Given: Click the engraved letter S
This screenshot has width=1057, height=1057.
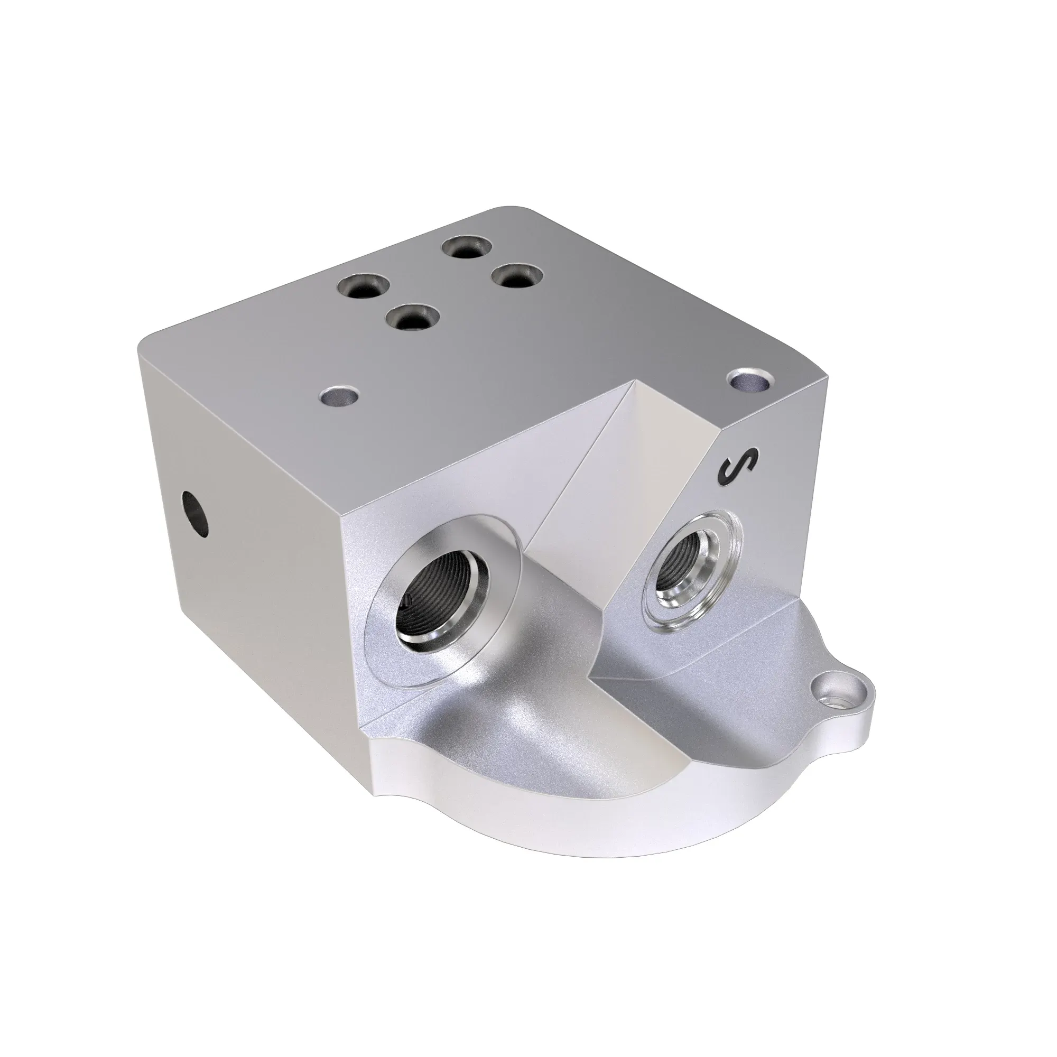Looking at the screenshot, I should (739, 467).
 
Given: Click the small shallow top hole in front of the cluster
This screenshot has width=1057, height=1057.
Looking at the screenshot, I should (339, 395).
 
